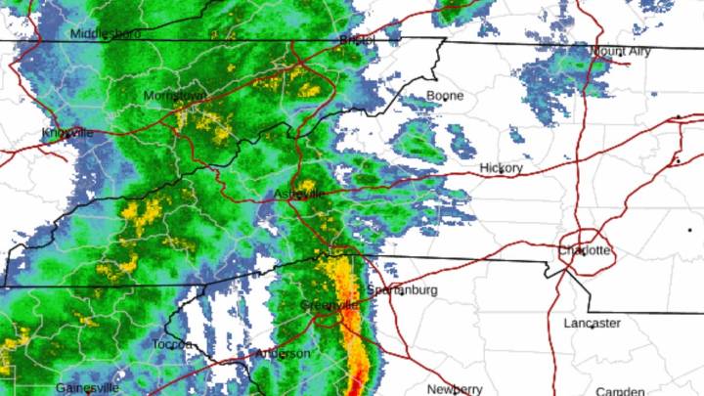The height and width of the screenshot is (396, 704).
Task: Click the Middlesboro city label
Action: click(106, 33)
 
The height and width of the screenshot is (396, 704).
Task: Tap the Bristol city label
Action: click(357, 40)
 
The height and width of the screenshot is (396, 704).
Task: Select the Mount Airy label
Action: click(622, 50)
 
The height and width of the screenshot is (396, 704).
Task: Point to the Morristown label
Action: click(175, 96)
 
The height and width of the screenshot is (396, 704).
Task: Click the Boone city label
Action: click(445, 96)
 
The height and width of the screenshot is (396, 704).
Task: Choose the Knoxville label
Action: click(68, 133)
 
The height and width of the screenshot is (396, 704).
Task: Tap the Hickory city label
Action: click(502, 168)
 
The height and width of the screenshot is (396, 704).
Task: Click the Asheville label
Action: click(299, 194)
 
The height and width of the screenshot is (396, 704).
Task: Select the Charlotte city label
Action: click(585, 251)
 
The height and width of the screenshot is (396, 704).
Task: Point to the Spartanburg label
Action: click(402, 290)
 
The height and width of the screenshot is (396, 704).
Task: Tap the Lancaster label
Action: click(592, 323)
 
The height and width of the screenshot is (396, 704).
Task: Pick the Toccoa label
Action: click(175, 344)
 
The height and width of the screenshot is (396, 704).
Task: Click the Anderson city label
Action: click(283, 353)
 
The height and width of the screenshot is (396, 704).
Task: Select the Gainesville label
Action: click(87, 388)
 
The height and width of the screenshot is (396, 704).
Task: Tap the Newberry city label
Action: click(455, 388)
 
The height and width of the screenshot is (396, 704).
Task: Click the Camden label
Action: click(627, 388)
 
